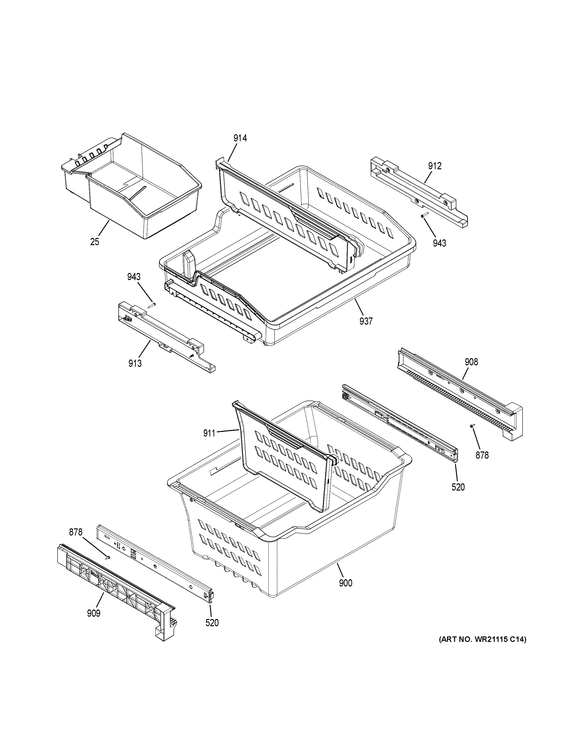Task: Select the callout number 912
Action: coord(435,166)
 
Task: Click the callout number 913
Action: coord(135,363)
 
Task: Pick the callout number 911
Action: coord(209,433)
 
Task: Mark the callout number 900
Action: coord(345,583)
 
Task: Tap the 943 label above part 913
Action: coord(134,277)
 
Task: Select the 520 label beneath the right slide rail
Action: coord(458,487)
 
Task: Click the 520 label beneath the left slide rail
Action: coord(212,623)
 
